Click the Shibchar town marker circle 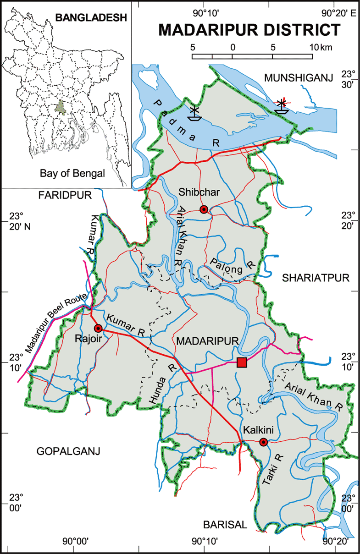coord(204,209)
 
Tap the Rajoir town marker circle coord(98,328)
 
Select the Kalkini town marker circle coord(263,442)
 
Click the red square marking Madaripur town coord(242,363)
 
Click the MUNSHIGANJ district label coord(298,78)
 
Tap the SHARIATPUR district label coord(316,278)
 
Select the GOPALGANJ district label coord(68,451)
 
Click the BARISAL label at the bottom coord(225,525)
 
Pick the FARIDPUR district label coord(65,195)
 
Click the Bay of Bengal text coord(72,173)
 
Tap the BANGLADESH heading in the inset coord(90,18)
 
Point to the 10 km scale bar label coord(320,47)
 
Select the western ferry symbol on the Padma coord(195,113)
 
